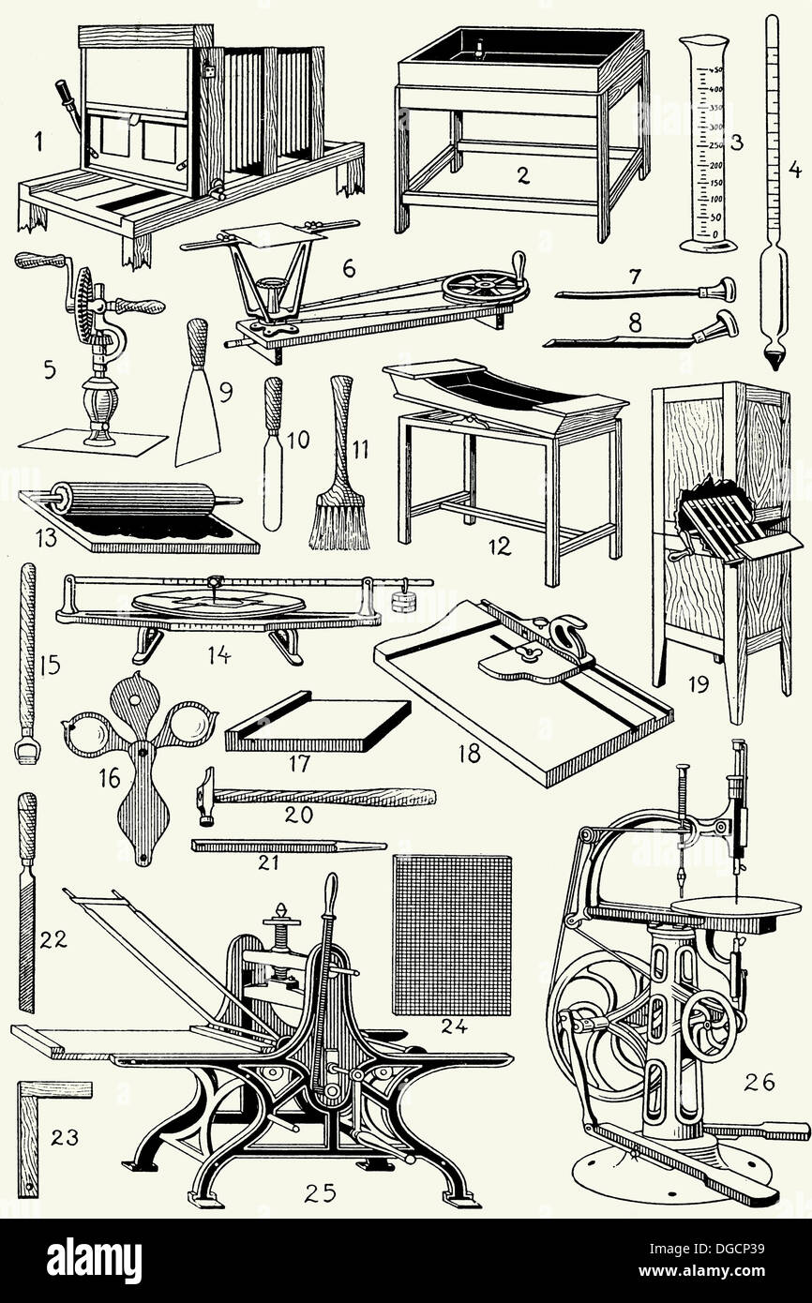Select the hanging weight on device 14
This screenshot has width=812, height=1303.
pyautogui.click(x=403, y=600)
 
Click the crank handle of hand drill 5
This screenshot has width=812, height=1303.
pyautogui.click(x=39, y=262)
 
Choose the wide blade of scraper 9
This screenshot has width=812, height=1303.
pyautogui.click(x=198, y=422)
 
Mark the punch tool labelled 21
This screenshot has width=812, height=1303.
pyautogui.click(x=286, y=846)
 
